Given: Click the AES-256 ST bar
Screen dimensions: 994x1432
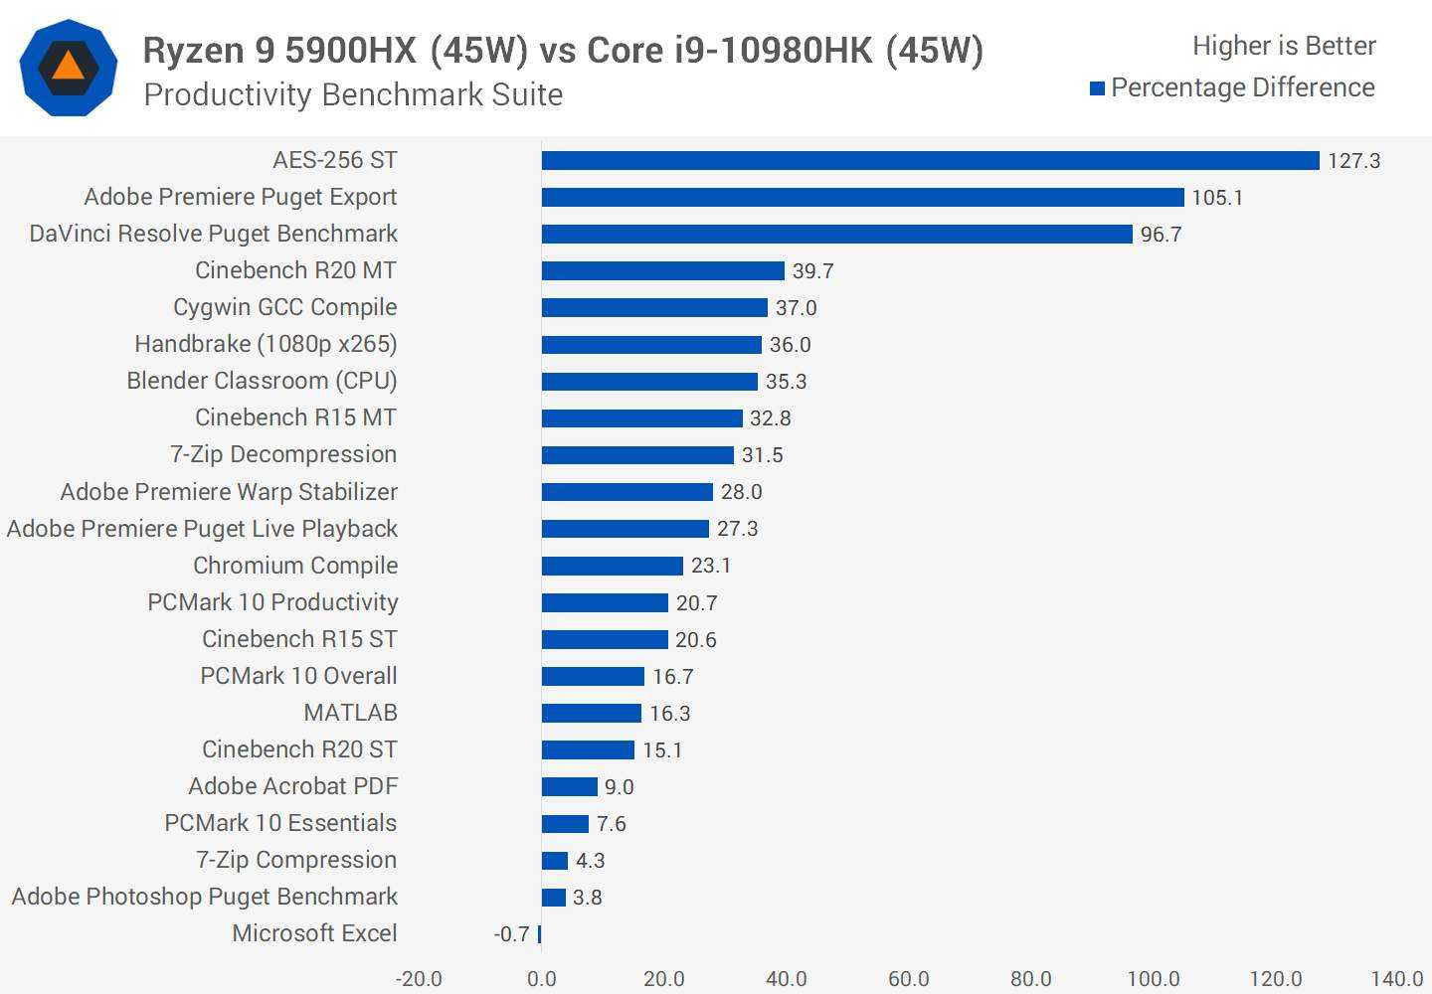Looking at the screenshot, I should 930,161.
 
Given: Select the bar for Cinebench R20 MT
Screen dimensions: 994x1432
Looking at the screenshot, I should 662,271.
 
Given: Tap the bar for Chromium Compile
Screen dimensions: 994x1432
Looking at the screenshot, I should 612,566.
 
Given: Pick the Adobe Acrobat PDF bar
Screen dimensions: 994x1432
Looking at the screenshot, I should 569,787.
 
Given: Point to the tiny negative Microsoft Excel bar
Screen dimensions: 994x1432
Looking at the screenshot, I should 540,934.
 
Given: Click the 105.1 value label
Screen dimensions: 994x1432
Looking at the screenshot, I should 1217,198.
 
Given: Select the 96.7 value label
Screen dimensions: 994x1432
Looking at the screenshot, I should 1161,235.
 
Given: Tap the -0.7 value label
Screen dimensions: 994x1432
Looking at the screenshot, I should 511,934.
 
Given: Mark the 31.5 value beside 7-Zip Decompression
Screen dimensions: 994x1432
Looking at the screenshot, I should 762,455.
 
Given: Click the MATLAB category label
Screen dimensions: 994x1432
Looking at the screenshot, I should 350,713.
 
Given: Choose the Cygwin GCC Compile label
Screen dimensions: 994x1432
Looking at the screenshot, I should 284,307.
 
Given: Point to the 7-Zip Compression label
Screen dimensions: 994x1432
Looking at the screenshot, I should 295,860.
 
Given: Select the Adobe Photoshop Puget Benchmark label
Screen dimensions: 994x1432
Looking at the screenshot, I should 204,897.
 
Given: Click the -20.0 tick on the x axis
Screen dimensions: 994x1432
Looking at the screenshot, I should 419,979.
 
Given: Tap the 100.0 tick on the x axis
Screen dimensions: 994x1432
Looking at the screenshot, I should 1153,979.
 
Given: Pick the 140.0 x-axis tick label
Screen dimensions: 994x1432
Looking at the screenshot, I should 1396,979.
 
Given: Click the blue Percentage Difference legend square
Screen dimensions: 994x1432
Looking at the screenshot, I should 1098,88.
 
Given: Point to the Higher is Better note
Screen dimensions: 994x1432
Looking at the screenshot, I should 1284,46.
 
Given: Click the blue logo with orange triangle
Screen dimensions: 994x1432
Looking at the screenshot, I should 68,68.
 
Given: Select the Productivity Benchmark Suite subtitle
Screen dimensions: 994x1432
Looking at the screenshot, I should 353,94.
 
